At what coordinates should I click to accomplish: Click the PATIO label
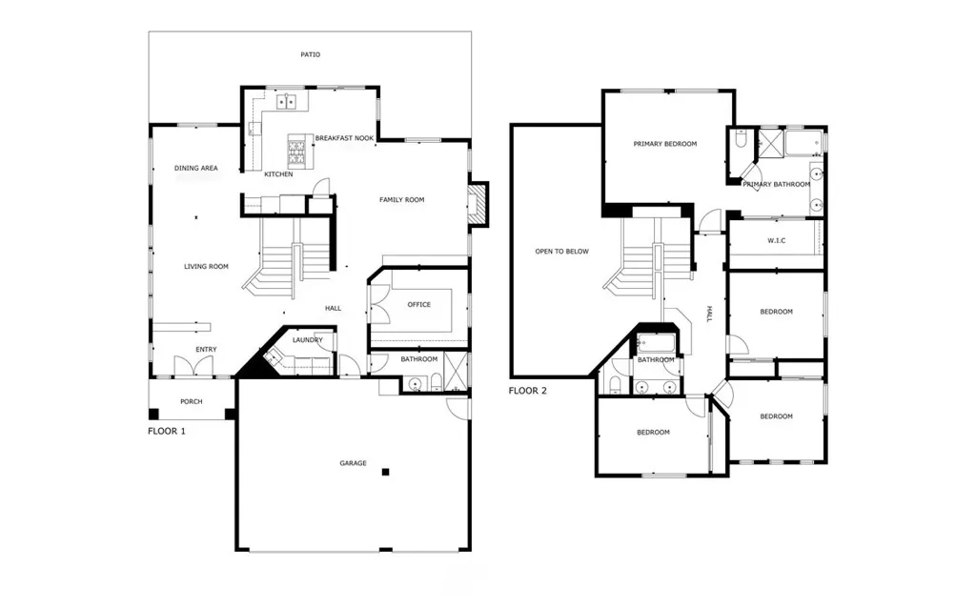coord(310,55)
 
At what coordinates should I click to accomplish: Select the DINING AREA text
coord(196,169)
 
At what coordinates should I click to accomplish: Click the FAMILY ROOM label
coord(401,200)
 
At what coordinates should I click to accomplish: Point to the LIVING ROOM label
coord(206,267)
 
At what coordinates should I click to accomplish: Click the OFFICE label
coord(418,305)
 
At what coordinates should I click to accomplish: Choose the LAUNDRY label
coord(307,340)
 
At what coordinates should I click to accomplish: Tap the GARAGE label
coord(353,464)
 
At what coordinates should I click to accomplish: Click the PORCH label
coord(191,402)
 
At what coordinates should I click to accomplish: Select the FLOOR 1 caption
coord(167,432)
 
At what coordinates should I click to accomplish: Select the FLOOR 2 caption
coord(528,391)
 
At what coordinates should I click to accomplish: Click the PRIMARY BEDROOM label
coord(665,145)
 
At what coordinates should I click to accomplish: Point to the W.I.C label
coord(776,240)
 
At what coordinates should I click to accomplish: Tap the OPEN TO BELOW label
coord(561,252)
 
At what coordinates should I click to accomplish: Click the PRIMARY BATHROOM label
coord(777,185)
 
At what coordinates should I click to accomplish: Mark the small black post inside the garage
coord(385,472)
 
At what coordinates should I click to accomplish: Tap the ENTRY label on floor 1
coord(206,350)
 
